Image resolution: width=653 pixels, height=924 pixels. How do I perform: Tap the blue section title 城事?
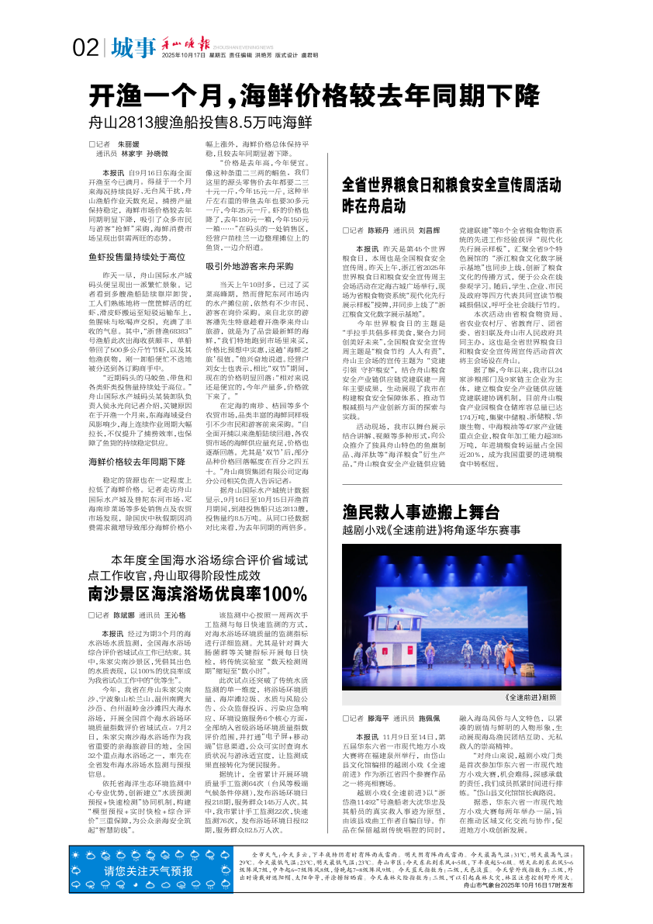click(x=133, y=48)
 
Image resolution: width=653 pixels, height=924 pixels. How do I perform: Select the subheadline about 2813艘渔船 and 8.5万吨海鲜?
click(x=200, y=122)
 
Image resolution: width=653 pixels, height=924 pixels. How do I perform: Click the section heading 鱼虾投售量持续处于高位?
click(x=136, y=256)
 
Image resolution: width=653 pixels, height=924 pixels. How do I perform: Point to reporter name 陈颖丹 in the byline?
click(x=378, y=230)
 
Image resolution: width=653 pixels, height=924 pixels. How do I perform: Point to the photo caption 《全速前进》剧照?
click(x=534, y=697)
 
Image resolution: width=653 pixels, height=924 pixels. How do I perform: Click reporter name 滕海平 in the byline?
click(x=378, y=718)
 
